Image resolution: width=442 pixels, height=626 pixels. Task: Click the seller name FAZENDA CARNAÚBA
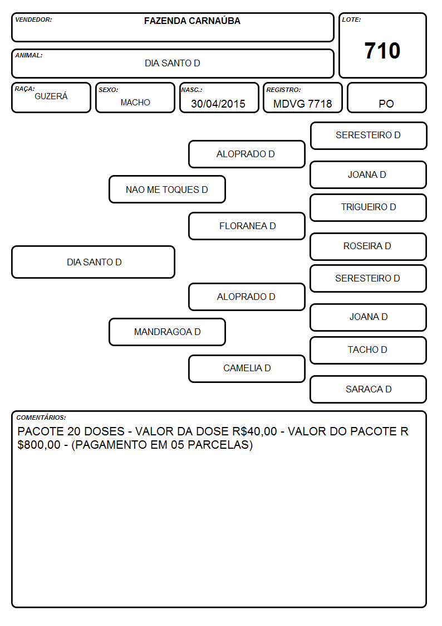(x=192, y=21)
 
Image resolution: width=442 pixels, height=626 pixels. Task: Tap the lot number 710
(x=382, y=51)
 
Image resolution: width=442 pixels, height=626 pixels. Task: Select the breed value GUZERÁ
(x=51, y=96)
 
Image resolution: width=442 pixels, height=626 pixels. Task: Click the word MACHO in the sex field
(x=135, y=103)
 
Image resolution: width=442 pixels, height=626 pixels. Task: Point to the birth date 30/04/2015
(x=218, y=104)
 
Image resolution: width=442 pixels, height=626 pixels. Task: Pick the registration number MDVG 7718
(x=302, y=104)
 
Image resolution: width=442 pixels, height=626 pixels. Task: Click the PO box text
(x=386, y=104)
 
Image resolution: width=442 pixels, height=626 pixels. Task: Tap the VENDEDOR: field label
(x=33, y=20)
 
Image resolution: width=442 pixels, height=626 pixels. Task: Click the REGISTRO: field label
(x=284, y=90)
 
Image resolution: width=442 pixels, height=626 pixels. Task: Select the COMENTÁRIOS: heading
(x=41, y=418)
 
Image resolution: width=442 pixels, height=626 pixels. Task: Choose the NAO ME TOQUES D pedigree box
(x=167, y=190)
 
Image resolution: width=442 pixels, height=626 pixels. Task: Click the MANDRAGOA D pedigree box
(x=167, y=332)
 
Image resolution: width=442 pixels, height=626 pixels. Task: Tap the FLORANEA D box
(x=247, y=226)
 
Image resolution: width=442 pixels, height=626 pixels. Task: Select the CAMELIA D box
(x=247, y=368)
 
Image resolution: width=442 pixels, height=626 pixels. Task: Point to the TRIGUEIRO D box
(x=369, y=207)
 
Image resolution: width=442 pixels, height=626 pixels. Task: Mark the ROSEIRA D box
(x=369, y=246)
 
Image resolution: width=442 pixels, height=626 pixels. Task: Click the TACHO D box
(x=369, y=350)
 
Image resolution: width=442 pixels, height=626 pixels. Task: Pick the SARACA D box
(x=369, y=389)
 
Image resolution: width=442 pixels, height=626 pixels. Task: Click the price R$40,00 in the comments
(x=254, y=431)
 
